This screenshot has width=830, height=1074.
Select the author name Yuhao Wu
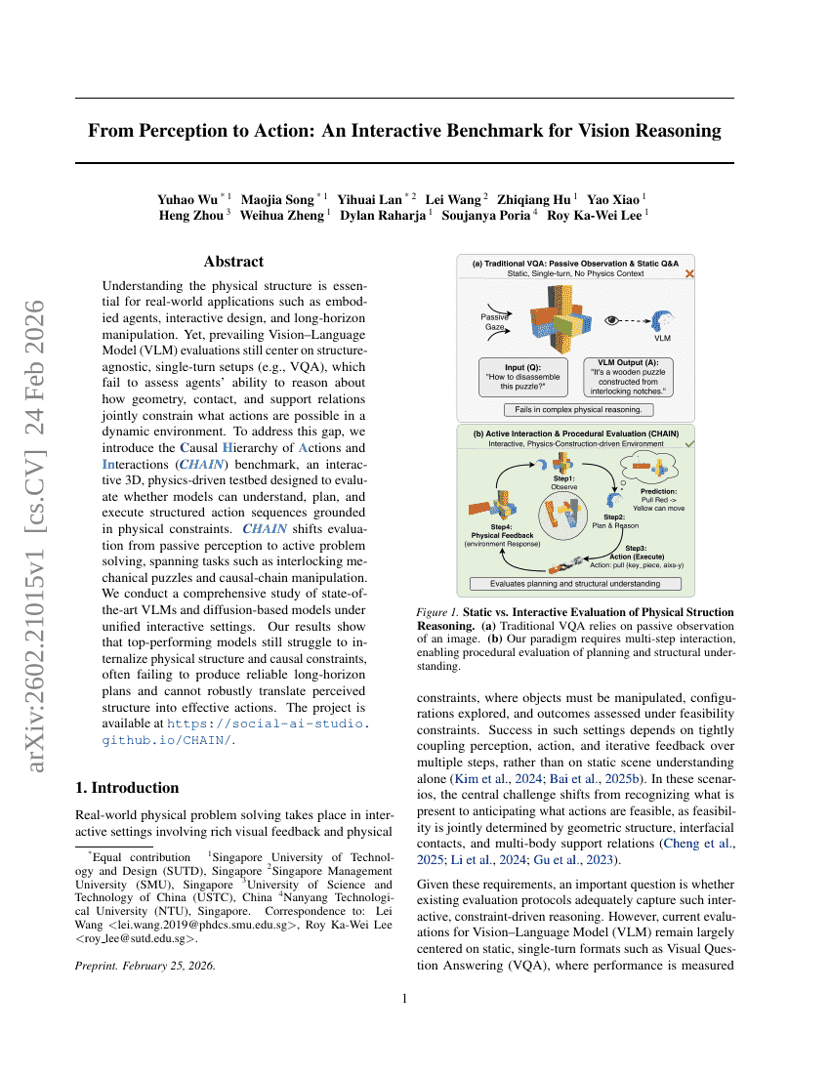(189, 199)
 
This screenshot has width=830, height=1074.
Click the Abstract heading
(233, 262)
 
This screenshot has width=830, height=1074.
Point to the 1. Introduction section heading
(127, 788)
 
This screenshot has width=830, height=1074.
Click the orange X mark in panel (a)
(689, 274)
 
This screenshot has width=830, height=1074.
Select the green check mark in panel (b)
(689, 443)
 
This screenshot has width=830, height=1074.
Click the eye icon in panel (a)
(612, 319)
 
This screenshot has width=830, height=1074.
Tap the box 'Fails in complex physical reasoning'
(578, 410)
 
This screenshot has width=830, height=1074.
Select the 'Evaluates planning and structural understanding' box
(574, 583)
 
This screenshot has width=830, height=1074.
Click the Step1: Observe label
(564, 480)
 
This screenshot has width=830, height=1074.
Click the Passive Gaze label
(494, 321)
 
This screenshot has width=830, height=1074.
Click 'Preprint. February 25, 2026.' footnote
(145, 966)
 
